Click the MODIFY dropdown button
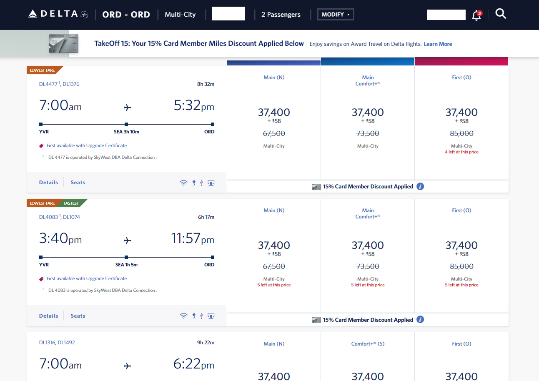click(x=336, y=15)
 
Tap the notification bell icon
click(x=476, y=15)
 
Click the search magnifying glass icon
click(x=501, y=14)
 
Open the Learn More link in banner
click(x=438, y=44)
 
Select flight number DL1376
click(x=71, y=84)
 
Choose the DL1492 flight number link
click(x=66, y=343)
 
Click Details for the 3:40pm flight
click(x=48, y=316)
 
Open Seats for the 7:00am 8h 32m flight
click(x=78, y=183)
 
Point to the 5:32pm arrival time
click(x=194, y=106)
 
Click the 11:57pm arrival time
click(x=193, y=239)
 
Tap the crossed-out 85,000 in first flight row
click(x=461, y=133)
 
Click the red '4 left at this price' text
click(x=461, y=152)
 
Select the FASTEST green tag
click(x=72, y=203)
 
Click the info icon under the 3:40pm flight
click(x=420, y=320)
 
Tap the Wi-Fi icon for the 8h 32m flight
click(x=183, y=183)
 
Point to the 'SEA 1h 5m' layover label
click(x=126, y=265)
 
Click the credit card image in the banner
click(x=63, y=44)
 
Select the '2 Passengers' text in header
click(x=281, y=15)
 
